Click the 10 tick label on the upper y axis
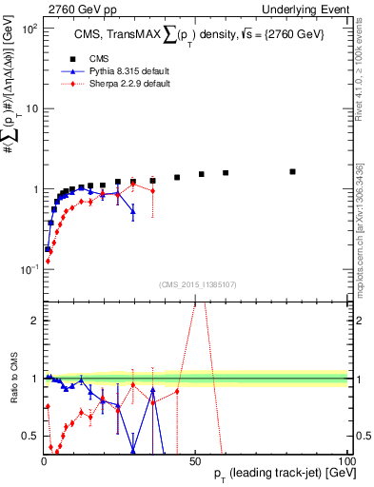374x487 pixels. pos(30,108)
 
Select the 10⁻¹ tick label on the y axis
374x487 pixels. pos(28,269)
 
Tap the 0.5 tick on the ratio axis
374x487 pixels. pos(30,436)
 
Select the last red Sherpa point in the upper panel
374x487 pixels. pos(152,191)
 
